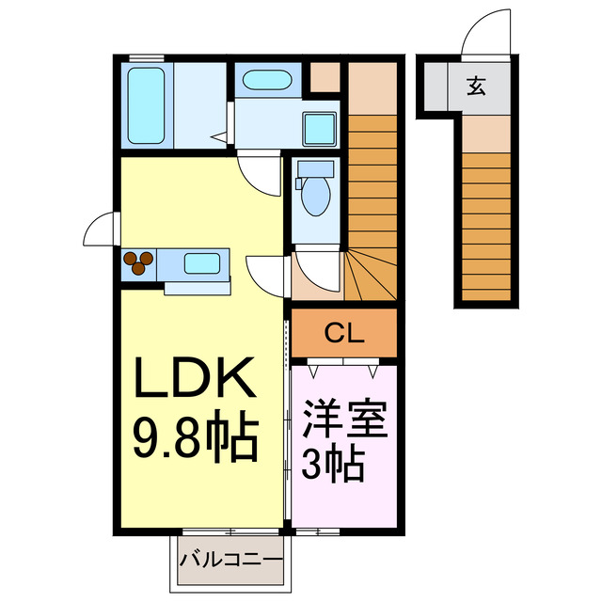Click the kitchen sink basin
click(202, 262)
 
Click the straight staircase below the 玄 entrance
click(486, 226)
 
